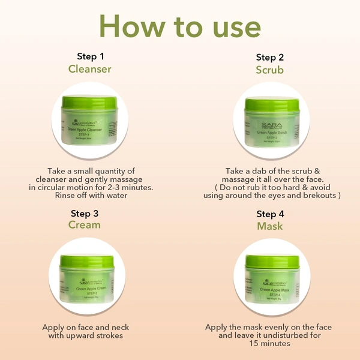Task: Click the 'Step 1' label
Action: click(x=90, y=56)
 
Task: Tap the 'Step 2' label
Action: click(x=270, y=57)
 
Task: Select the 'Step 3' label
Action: click(x=85, y=213)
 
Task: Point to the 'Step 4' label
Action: click(x=270, y=214)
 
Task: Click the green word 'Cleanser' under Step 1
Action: click(x=90, y=69)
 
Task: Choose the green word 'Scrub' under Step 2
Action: click(x=270, y=70)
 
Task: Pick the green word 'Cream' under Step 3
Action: click(x=85, y=225)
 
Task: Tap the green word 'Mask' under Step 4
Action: click(x=270, y=226)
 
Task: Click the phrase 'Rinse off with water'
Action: click(x=89, y=196)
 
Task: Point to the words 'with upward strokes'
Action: click(x=85, y=336)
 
